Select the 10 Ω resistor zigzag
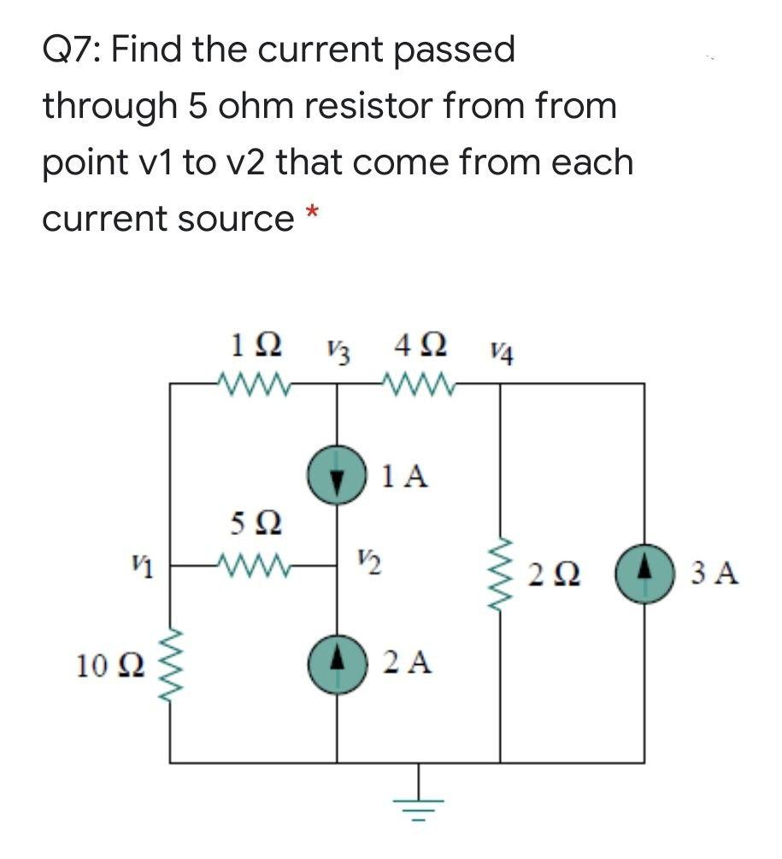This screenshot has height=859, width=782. tap(170, 663)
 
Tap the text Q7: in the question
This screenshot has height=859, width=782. tap(72, 50)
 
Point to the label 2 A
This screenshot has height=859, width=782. tap(407, 661)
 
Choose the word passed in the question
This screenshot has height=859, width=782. tap(454, 50)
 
